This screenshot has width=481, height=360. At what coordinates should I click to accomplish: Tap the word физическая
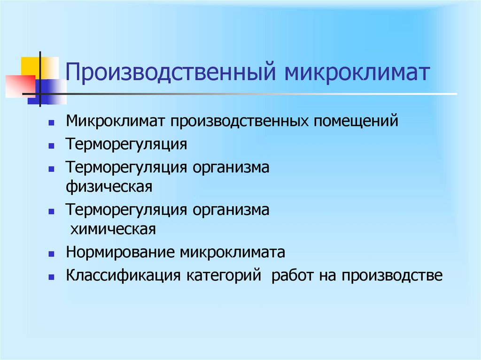pyautogui.click(x=109, y=186)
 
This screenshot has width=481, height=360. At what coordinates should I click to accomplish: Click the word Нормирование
pyautogui.click(x=120, y=253)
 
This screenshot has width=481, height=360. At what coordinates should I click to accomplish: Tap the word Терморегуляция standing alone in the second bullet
pyautogui.click(x=126, y=144)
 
